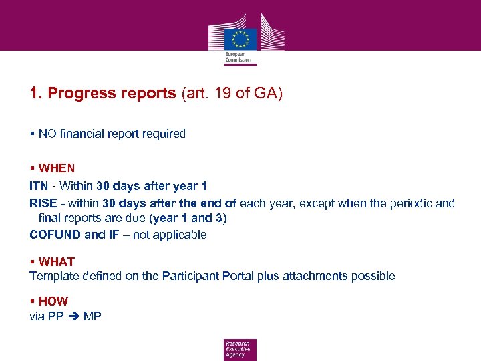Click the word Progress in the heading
tap(77, 93)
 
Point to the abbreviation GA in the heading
tap(265, 93)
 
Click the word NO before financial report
tap(47, 134)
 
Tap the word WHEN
tap(57, 168)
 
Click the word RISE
tap(43, 203)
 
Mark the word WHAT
tap(57, 261)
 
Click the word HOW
tap(53, 302)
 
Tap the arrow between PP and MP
tap(74, 316)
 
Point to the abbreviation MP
tap(92, 316)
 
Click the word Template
tap(53, 276)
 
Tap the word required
tap(163, 134)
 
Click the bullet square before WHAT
tap(32, 261)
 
